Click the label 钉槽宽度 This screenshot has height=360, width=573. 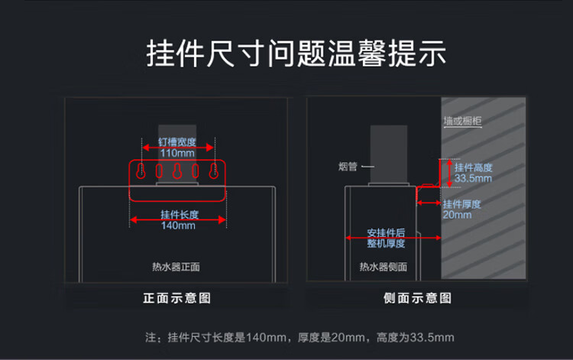coord(177,141)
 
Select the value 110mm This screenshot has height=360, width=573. coord(177,153)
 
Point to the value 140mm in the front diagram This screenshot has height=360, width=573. coord(178,225)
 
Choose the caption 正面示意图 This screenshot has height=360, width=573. coord(176,298)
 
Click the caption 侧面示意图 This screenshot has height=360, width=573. coord(417,298)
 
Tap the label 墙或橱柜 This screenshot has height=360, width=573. coord(463,121)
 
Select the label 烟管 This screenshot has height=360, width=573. coord(348,167)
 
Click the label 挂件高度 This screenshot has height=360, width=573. coord(473,167)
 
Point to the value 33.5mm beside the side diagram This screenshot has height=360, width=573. coord(473,178)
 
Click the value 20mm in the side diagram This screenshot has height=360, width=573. coord(457,215)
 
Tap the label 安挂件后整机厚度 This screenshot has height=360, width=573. coord(386,238)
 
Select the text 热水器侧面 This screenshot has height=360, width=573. coord(384,267)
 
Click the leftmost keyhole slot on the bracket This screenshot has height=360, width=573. coord(141,170)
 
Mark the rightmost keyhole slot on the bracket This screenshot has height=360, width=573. coord(214,170)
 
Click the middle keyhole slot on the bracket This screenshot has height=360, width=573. coord(177,170)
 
